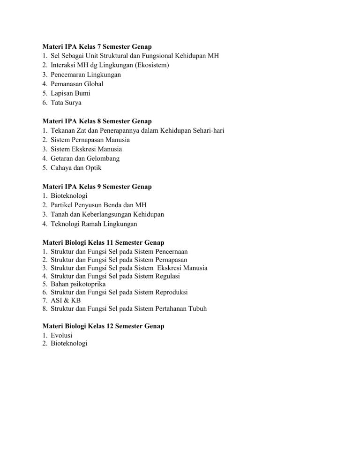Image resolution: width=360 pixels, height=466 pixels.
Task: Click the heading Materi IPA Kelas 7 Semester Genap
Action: tap(100, 47)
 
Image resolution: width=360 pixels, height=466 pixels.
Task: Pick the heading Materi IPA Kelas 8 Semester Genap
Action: tap(100, 121)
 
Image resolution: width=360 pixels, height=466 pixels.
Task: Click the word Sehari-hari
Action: tap(206, 131)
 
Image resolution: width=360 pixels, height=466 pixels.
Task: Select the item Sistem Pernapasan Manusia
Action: tap(90, 140)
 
